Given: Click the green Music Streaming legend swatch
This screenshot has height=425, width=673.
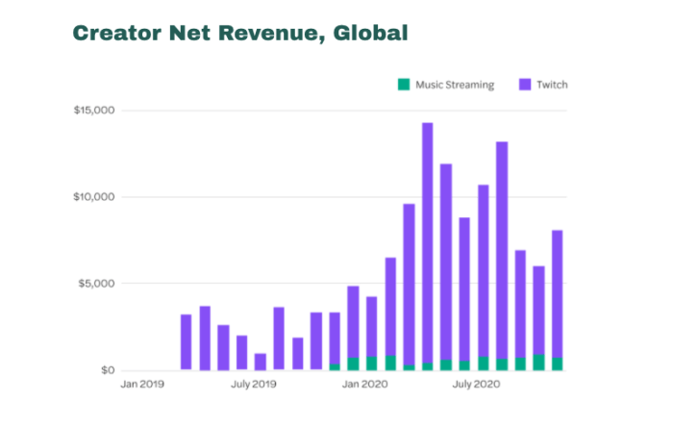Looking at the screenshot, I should [x=404, y=85].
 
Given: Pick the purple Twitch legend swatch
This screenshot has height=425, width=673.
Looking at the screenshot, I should [x=524, y=85].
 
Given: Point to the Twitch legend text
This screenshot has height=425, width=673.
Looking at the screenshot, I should [x=553, y=85].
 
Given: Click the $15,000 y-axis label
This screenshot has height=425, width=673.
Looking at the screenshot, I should [x=94, y=111].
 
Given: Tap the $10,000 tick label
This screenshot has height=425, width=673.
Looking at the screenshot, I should [x=94, y=197].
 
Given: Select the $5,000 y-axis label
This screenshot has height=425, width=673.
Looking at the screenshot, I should [x=97, y=284].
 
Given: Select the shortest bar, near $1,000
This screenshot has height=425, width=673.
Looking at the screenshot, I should [x=260, y=362].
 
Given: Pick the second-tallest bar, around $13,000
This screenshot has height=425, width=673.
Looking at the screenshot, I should [x=502, y=250].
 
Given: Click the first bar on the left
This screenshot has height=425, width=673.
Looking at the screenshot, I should [x=186, y=342].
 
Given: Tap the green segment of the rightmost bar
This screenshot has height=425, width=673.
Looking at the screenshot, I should [x=558, y=363].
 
